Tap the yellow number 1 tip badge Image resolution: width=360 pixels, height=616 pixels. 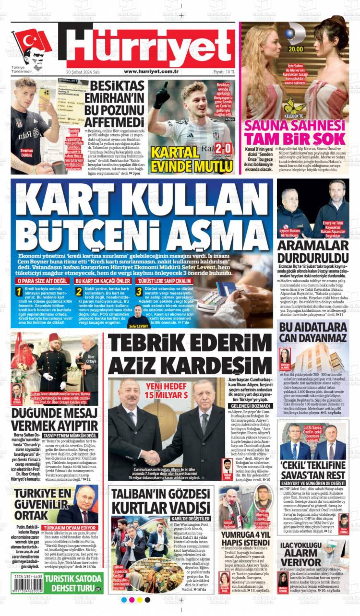click(x=18, y=291)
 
